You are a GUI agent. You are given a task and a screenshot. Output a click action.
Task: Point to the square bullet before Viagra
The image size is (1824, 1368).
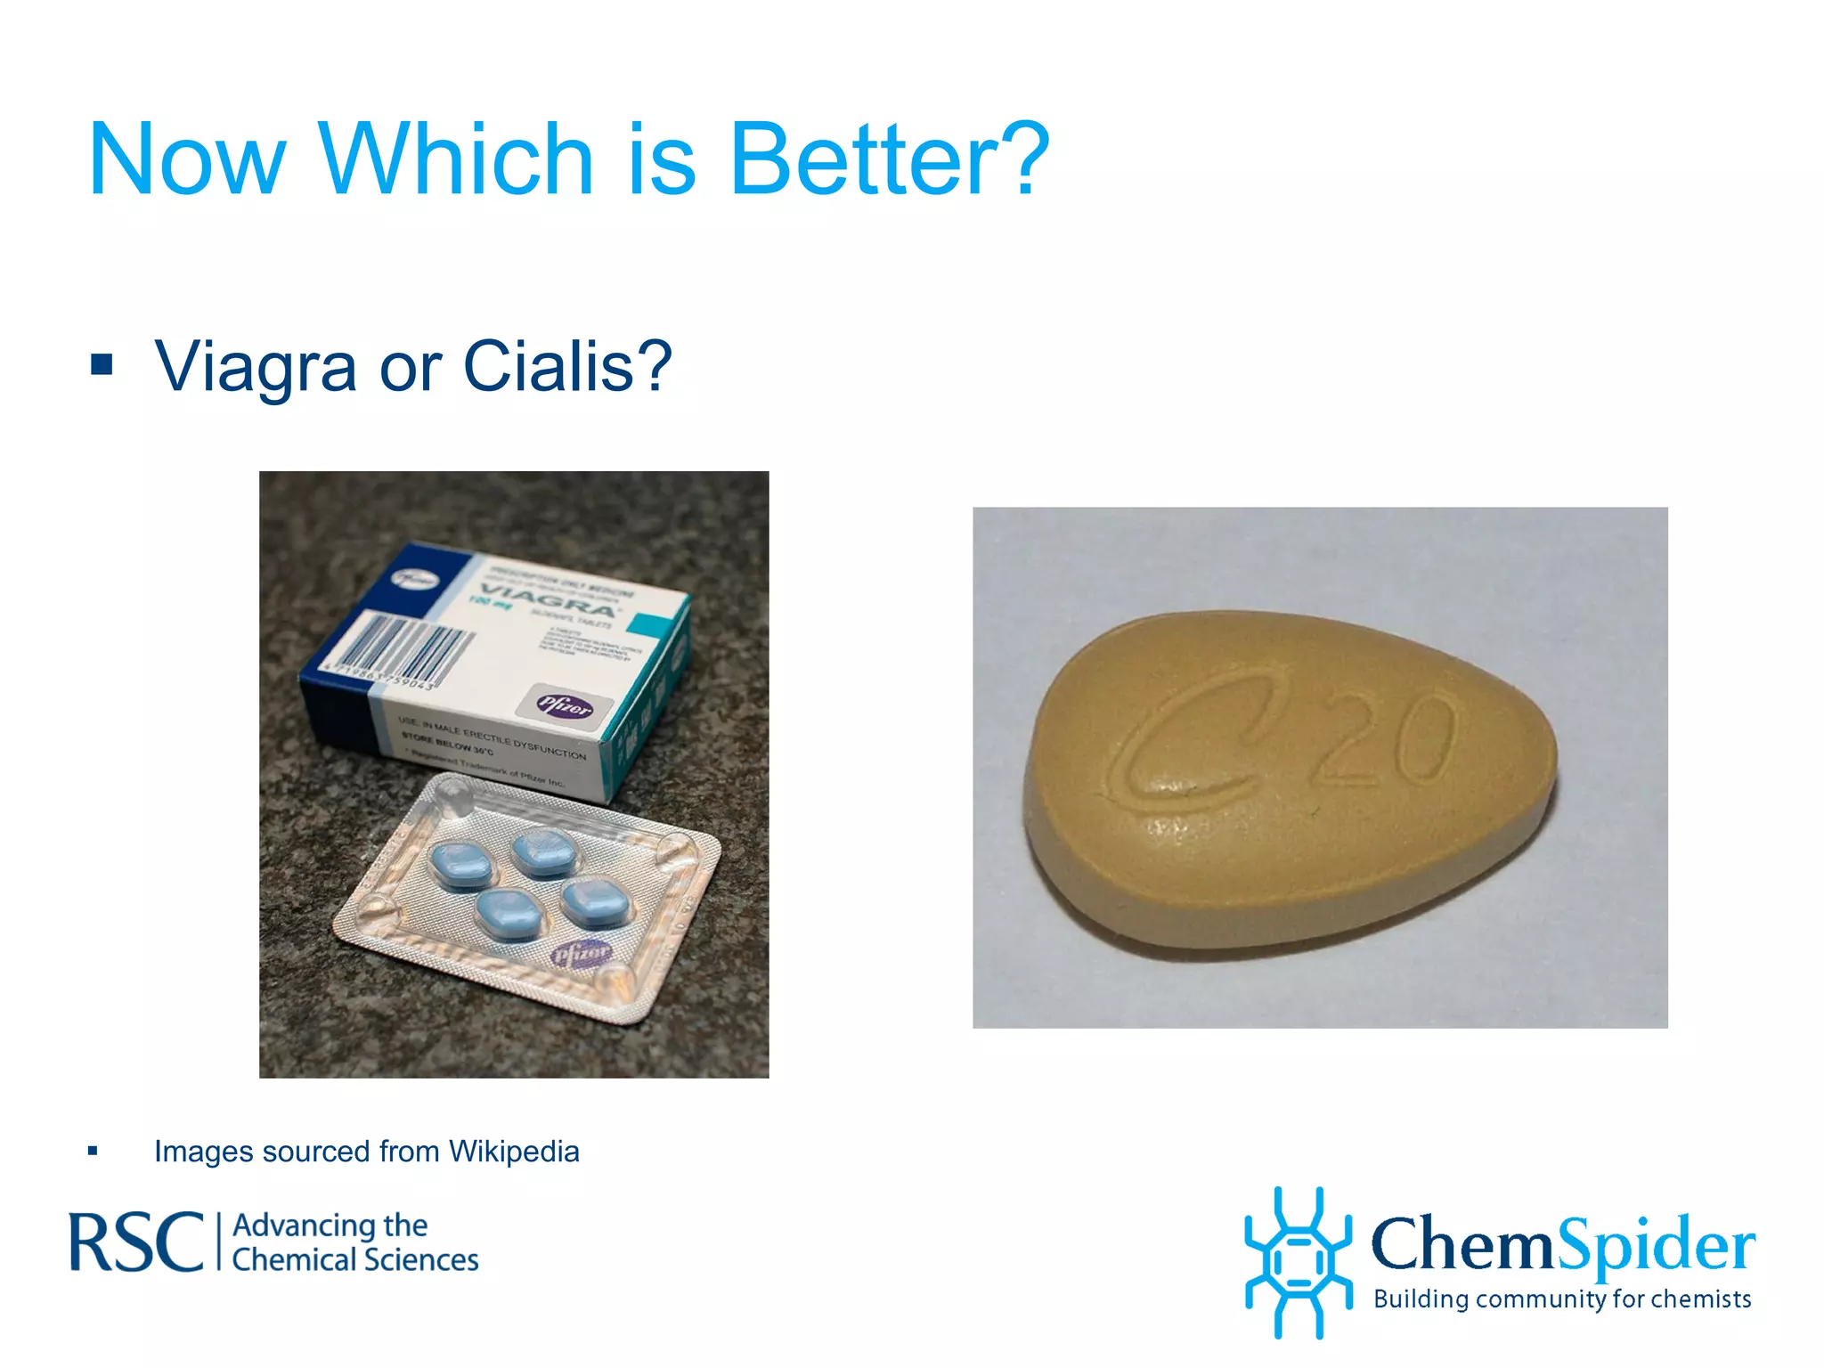[x=102, y=364]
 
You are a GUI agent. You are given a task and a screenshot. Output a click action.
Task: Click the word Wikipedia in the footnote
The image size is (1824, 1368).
[x=514, y=1152]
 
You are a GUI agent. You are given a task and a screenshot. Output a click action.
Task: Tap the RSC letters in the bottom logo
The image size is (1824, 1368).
[x=136, y=1242]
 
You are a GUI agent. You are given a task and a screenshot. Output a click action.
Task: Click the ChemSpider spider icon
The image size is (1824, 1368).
[x=1298, y=1262]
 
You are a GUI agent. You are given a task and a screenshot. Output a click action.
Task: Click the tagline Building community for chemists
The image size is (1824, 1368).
[x=1562, y=1299]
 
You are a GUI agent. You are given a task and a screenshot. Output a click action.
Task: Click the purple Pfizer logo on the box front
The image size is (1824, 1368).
[x=566, y=705]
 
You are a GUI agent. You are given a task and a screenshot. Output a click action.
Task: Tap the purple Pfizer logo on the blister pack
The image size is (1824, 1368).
[x=581, y=954]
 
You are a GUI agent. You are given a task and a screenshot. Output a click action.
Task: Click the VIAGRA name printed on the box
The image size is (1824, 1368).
[x=548, y=599]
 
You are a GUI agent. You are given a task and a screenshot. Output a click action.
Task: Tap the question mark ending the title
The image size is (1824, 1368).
[x=1024, y=160]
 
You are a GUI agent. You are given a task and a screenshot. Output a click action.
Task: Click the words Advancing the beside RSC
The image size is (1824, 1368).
[x=330, y=1225]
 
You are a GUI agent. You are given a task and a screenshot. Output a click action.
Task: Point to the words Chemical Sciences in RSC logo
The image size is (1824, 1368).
[x=355, y=1260]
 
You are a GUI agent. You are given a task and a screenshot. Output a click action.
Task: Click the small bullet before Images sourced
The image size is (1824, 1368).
[x=93, y=1151]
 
